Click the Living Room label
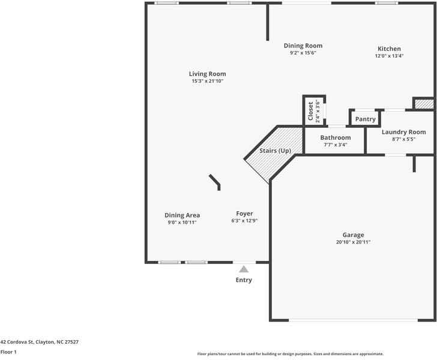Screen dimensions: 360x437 (208, 74)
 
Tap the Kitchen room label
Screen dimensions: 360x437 (389, 49)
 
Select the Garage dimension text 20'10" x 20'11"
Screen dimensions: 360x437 (353, 242)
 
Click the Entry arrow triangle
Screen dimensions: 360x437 (244, 269)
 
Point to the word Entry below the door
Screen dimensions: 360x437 (244, 280)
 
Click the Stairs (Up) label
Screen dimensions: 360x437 (275, 151)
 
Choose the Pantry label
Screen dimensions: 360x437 (365, 119)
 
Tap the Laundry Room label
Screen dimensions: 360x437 (403, 132)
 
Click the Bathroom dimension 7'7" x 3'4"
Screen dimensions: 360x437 (335, 145)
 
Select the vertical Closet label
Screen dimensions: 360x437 (310, 112)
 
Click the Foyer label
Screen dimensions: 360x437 (244, 214)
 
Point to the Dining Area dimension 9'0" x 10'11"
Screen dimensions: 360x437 (182, 222)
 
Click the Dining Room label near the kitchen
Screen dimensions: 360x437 (303, 46)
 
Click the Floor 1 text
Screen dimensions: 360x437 (8, 352)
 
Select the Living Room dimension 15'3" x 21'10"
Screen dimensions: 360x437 (208, 81)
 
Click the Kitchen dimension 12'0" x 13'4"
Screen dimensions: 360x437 (389, 56)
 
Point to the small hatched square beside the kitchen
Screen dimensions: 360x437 (424, 104)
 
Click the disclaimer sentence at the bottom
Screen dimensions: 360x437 (290, 354)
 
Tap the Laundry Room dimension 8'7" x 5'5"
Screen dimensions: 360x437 (403, 139)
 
